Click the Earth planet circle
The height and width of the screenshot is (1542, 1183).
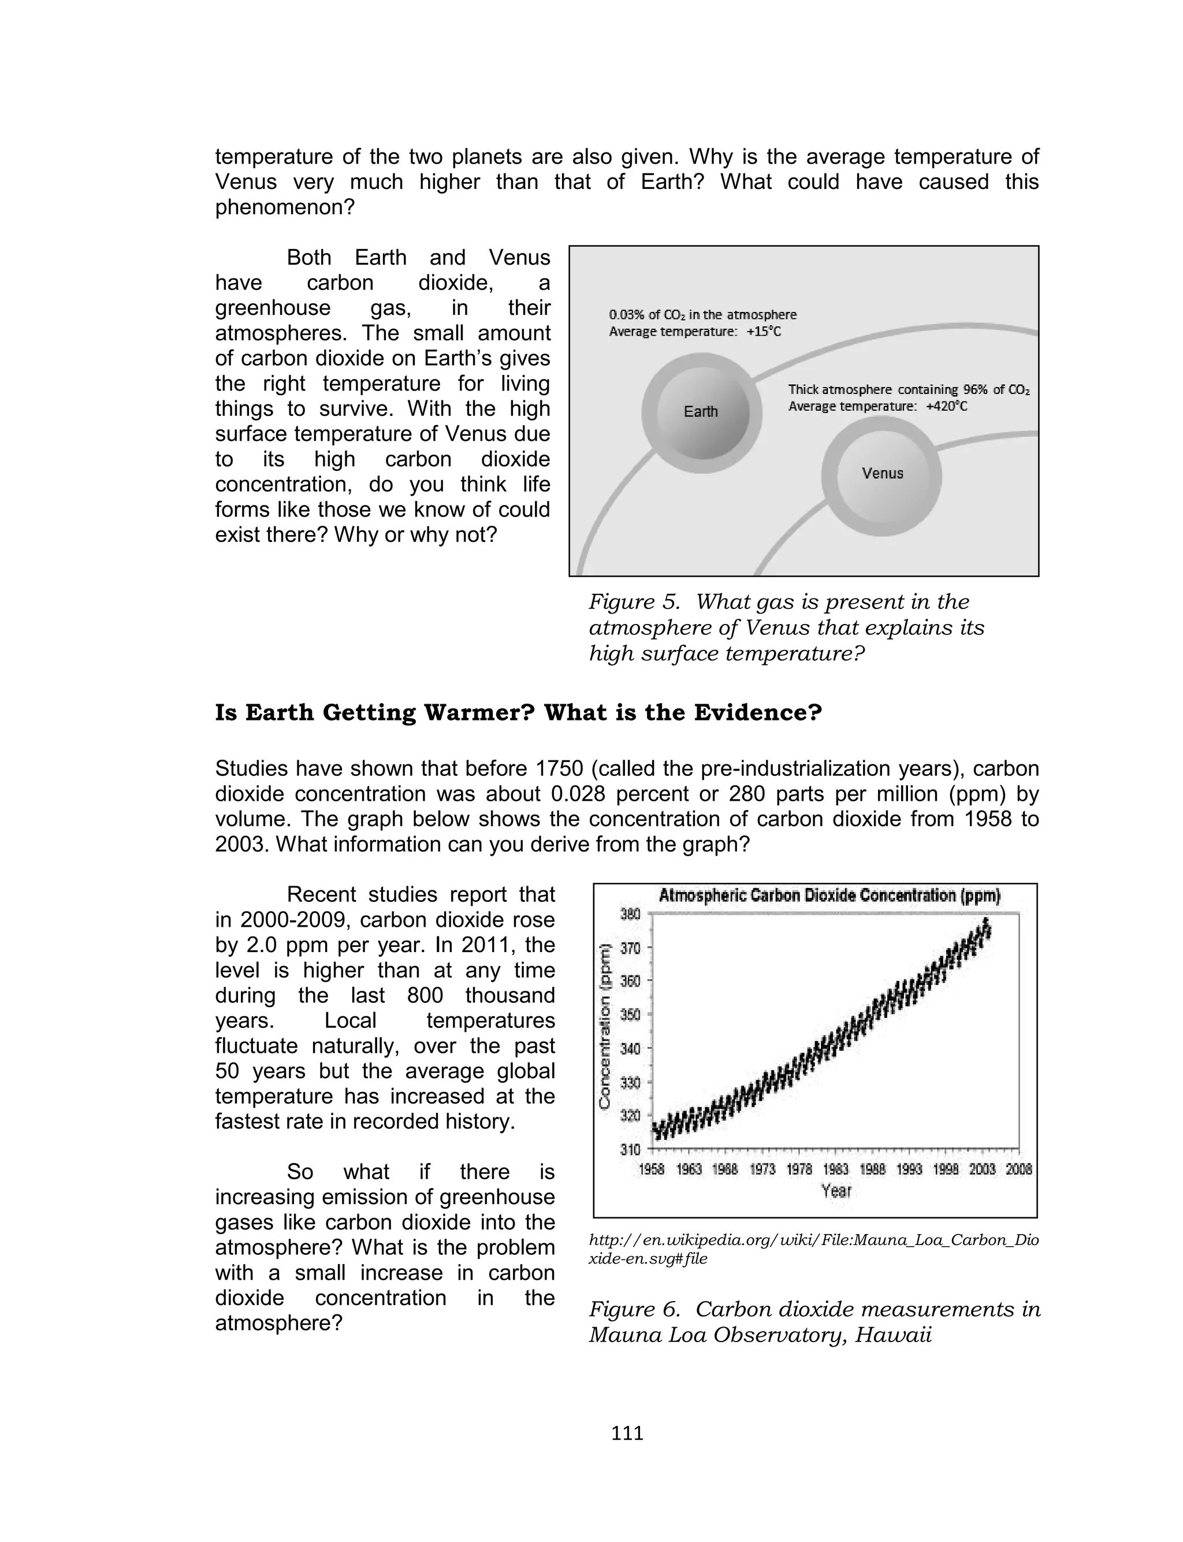tap(701, 413)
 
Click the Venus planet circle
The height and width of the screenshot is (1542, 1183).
tap(881, 474)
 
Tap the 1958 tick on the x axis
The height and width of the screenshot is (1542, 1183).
tap(652, 1169)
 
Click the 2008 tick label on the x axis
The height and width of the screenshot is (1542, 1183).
tap(1019, 1169)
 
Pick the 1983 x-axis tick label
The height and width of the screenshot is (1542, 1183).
tap(835, 1169)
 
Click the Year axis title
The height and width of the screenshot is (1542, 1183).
tap(836, 1191)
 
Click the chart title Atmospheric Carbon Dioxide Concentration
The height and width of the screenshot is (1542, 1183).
tap(829, 896)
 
